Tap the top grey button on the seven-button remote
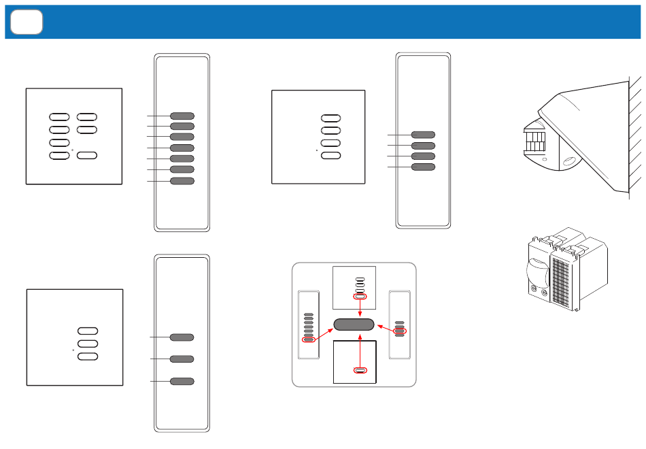click(182, 116)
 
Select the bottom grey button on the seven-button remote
click(182, 181)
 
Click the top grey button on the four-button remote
click(423, 135)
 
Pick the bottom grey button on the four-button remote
click(423, 167)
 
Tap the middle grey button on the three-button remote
click(182, 359)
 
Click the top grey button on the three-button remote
click(182, 337)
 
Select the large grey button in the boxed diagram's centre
click(354, 325)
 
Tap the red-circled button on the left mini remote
click(309, 339)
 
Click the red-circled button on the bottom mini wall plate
click(360, 371)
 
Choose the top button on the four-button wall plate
click(331, 118)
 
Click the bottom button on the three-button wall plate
click(88, 356)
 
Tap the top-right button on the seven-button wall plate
click(87, 117)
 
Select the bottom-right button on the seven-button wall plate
click(87, 156)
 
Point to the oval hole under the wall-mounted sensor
click(568, 162)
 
